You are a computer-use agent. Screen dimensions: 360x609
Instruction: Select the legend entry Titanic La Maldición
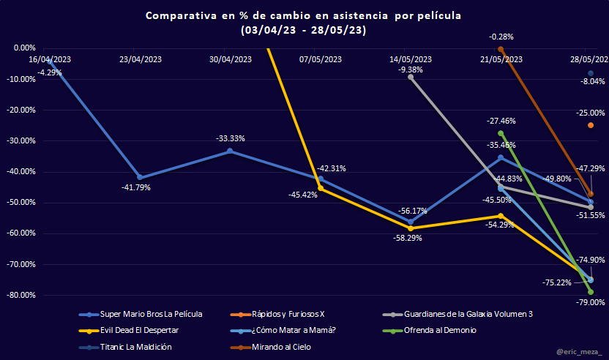pos(137,347)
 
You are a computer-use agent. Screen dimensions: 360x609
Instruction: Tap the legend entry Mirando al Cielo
pos(282,347)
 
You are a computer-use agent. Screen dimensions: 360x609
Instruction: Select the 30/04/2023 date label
pos(231,59)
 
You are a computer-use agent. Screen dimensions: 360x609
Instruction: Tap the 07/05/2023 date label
pos(321,59)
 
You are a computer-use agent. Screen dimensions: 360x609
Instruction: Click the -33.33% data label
pos(230,138)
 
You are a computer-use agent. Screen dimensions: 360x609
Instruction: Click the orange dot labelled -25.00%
pos(591,125)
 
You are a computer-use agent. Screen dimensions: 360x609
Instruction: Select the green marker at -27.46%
pos(501,133)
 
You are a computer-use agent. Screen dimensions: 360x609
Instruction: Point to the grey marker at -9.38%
pos(411,77)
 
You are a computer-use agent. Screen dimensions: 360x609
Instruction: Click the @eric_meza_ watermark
pos(577,352)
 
